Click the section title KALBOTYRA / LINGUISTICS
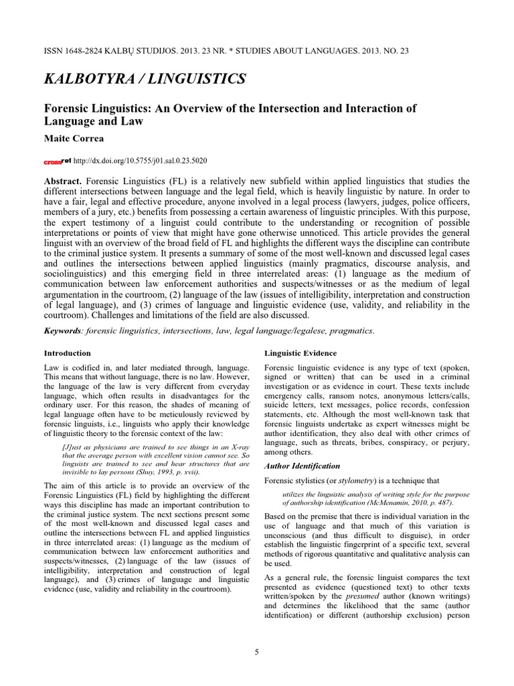pos(145,80)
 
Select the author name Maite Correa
pos(75,139)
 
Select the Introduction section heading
pos(67,352)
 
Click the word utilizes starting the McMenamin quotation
pos(286,493)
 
